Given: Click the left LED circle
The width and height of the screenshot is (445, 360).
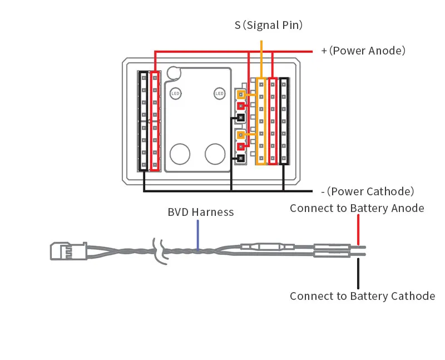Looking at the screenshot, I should tap(176, 93).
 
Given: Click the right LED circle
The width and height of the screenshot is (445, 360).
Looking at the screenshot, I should tap(219, 93).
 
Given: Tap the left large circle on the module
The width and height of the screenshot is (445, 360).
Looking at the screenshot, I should tap(180, 154).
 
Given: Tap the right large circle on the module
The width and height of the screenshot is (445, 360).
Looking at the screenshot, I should tap(215, 154).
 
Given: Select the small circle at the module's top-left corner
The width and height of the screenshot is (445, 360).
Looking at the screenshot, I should tap(174, 73).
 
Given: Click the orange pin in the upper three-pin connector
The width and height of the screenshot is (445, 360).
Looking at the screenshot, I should tap(241, 94).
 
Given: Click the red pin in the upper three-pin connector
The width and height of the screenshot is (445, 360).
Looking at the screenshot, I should tap(241, 106).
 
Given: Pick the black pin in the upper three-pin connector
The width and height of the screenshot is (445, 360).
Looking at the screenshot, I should tap(241, 118).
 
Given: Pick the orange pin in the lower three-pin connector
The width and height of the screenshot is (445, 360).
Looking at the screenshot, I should tap(241, 135).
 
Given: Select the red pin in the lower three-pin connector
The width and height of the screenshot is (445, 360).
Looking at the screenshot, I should tap(241, 146).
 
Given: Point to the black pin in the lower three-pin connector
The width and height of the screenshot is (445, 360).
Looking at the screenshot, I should tap(241, 159).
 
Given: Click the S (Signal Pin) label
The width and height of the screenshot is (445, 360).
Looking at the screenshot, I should tap(269, 25).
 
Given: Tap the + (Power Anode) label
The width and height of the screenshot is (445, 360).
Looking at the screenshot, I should tap(363, 51).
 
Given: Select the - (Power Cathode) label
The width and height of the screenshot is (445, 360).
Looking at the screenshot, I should tap(368, 191).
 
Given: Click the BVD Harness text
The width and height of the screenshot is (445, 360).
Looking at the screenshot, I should tap(201, 212).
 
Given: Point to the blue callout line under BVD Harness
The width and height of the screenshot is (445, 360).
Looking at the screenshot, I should tap(197, 234).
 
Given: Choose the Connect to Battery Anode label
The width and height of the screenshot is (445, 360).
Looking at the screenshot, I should tap(357, 208).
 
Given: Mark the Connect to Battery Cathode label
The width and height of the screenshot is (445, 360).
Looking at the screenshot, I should tap(362, 296).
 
